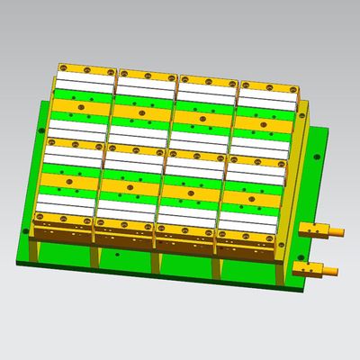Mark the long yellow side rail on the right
pos(298,171)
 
